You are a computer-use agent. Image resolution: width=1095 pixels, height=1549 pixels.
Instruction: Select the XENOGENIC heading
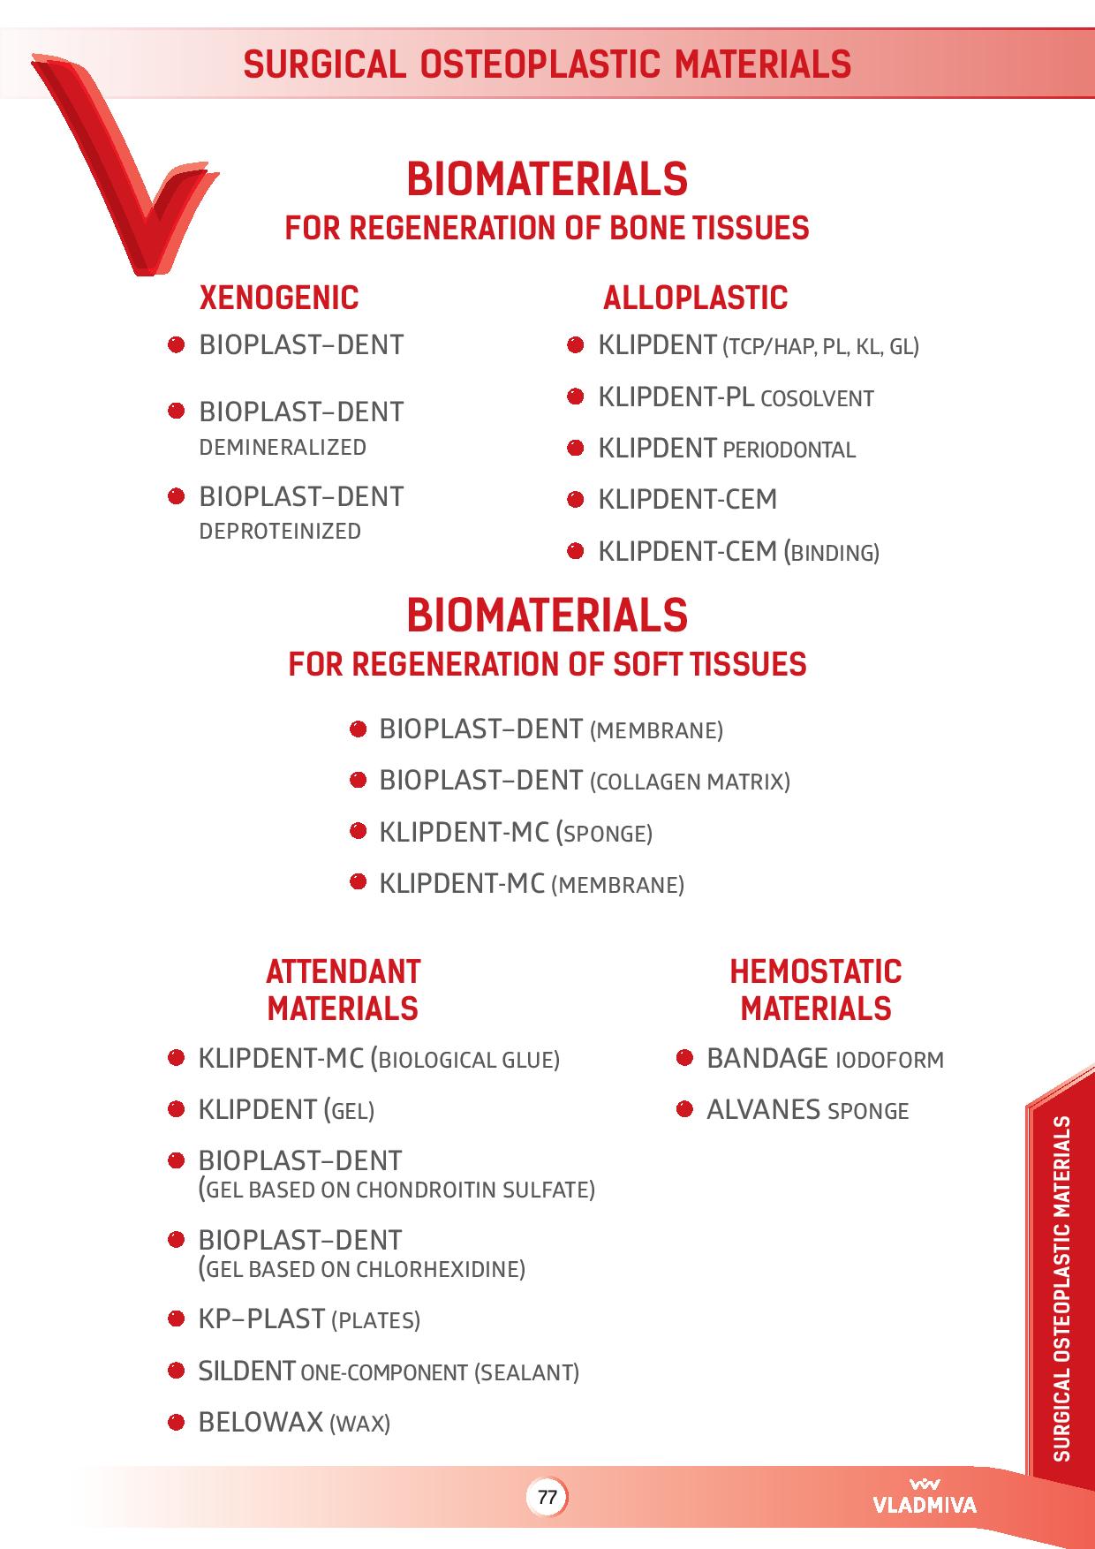[x=279, y=298]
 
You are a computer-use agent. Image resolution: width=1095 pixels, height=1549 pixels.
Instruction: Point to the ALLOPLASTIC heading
[x=695, y=298]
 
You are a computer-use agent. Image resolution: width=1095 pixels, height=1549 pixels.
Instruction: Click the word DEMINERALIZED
[x=283, y=448]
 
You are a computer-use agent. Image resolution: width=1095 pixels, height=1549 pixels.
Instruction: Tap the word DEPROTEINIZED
[x=280, y=532]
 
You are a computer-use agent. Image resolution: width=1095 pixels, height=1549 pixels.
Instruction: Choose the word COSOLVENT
[x=817, y=399]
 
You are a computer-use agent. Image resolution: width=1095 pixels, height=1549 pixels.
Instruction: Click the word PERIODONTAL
[x=789, y=450]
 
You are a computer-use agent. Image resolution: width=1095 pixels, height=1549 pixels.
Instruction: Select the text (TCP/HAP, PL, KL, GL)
[x=821, y=347]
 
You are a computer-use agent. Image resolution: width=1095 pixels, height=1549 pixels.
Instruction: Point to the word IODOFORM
[x=889, y=1060]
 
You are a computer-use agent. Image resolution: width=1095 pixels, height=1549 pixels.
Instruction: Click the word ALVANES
[x=764, y=1110]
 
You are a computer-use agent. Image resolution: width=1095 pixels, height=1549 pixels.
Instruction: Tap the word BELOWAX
[x=261, y=1423]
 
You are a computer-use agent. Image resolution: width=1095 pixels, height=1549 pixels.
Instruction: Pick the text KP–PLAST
[x=261, y=1319]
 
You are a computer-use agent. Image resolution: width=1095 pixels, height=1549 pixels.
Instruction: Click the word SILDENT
[x=246, y=1371]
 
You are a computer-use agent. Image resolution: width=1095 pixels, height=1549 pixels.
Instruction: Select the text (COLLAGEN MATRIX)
[x=689, y=782]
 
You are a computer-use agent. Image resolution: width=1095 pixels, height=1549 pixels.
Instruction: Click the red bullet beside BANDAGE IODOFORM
[x=684, y=1057]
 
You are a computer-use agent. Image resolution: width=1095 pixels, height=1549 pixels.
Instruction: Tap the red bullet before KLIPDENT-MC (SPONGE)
[x=358, y=830]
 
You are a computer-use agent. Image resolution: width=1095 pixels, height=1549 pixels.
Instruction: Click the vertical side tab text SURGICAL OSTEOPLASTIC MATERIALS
[x=1062, y=1289]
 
